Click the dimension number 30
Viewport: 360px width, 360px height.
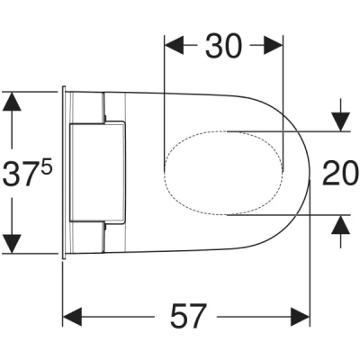click(223, 45)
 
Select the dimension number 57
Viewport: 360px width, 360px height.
click(187, 316)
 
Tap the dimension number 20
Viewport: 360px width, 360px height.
click(340, 172)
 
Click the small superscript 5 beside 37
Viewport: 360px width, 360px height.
click(46, 162)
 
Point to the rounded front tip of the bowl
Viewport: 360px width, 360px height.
click(309, 173)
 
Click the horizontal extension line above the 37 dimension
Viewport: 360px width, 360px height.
click(31, 90)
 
